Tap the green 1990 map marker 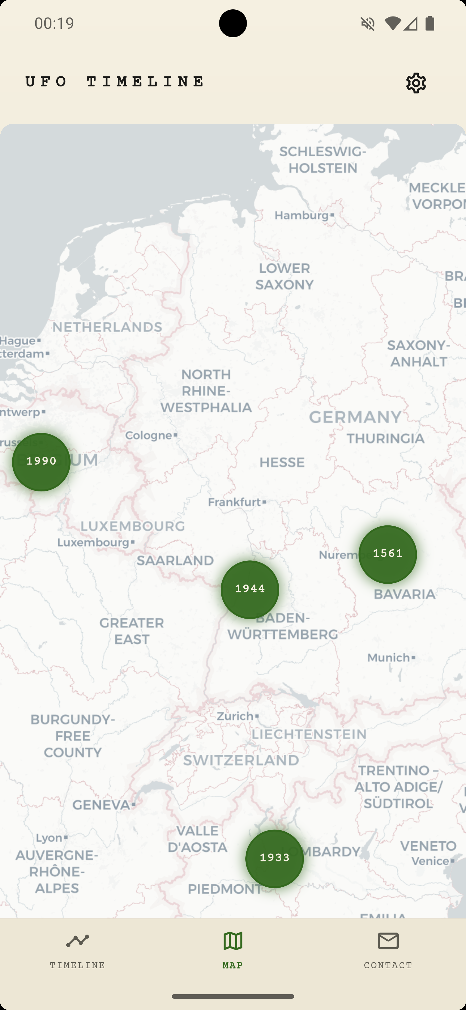41,462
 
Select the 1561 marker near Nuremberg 388,554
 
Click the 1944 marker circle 250,589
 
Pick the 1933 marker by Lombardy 274,858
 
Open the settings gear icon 416,83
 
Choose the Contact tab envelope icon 388,941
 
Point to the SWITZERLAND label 241,760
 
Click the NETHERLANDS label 107,327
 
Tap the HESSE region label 282,463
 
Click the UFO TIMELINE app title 115,82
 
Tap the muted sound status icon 368,24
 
